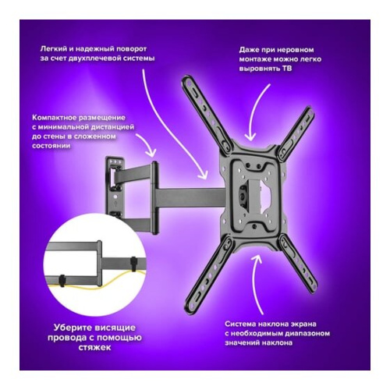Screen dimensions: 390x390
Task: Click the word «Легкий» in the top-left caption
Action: (51, 49)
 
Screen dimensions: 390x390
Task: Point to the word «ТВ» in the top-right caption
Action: (287, 69)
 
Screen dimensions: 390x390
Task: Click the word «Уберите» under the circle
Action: (71, 328)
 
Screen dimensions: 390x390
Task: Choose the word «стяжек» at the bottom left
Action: (94, 347)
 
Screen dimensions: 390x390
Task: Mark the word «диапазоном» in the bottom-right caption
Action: (308, 334)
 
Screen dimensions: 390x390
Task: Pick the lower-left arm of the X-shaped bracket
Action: (208, 272)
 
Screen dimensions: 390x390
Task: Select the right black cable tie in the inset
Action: (133, 264)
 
